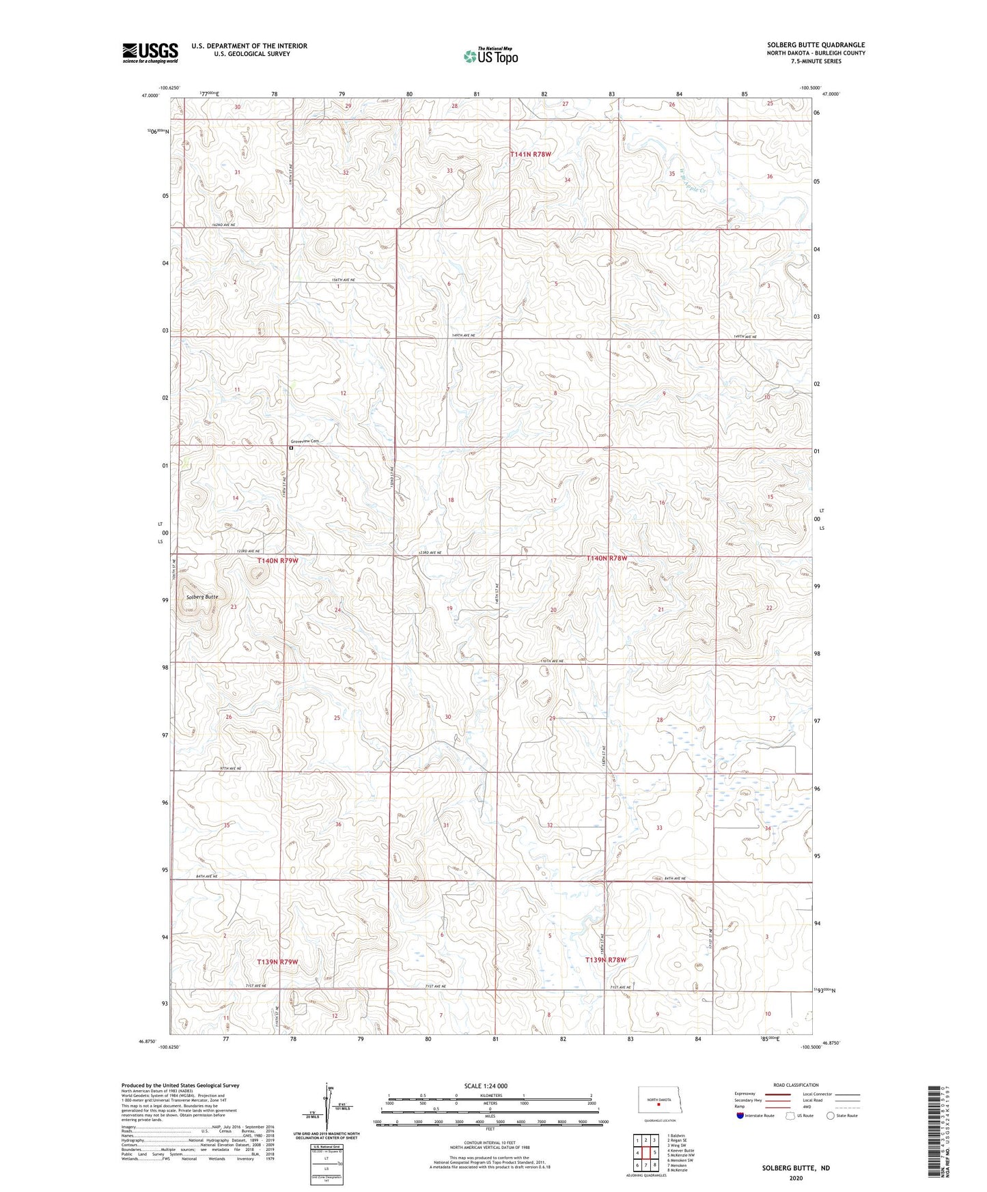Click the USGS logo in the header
click(x=150, y=53)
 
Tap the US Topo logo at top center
click(x=490, y=56)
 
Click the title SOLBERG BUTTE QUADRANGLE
click(x=816, y=45)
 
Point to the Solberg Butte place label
click(x=202, y=597)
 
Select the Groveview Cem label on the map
click(x=305, y=441)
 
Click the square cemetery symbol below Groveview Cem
click(x=291, y=449)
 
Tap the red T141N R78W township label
click(x=530, y=155)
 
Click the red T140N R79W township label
click(x=277, y=560)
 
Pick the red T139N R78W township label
click(x=606, y=959)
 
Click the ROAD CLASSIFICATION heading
click(x=796, y=1085)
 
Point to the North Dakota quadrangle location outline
click(x=659, y=1101)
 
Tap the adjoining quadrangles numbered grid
click(x=645, y=1154)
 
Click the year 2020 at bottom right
click(x=795, y=1178)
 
